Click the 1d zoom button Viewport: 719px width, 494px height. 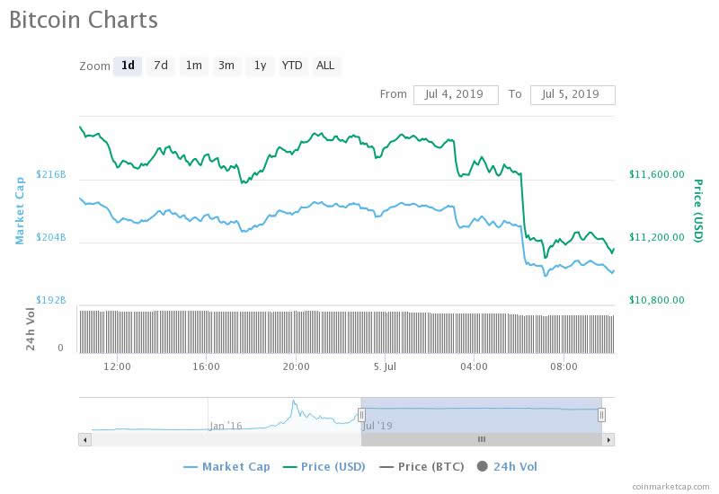pyautogui.click(x=128, y=66)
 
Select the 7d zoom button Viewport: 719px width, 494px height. pyautogui.click(x=160, y=66)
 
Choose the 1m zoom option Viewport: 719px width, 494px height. pyautogui.click(x=193, y=66)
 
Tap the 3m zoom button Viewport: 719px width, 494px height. pyautogui.click(x=226, y=66)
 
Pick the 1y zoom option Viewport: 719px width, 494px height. pyautogui.click(x=260, y=66)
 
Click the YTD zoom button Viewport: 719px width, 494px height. pyautogui.click(x=292, y=66)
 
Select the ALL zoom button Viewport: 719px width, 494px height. pyautogui.click(x=325, y=66)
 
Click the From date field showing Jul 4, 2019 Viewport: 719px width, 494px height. pyautogui.click(x=456, y=94)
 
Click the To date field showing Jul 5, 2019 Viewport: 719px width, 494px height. pyautogui.click(x=573, y=94)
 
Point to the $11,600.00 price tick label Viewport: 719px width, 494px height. pyautogui.click(x=656, y=175)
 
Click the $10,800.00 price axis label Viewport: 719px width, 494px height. pyautogui.click(x=656, y=300)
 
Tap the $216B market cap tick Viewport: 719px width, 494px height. pyautogui.click(x=51, y=174)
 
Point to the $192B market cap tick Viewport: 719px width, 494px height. pyautogui.click(x=51, y=300)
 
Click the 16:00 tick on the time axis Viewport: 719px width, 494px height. pyautogui.click(x=207, y=366)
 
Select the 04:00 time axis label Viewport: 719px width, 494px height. pyautogui.click(x=474, y=366)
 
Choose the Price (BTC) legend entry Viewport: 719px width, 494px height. pyautogui.click(x=422, y=466)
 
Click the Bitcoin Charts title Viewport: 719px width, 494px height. pyautogui.click(x=84, y=20)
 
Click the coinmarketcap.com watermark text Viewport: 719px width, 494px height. pyautogui.click(x=669, y=485)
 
